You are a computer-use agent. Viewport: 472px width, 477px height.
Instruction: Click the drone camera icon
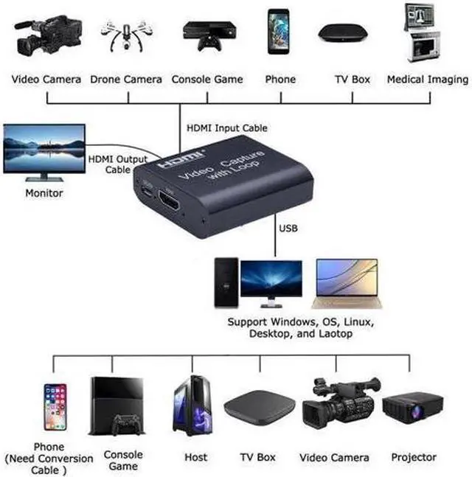point(126,34)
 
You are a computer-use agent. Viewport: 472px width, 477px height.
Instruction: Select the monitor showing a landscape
point(44,153)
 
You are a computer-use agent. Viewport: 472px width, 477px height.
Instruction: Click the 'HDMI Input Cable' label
point(226,128)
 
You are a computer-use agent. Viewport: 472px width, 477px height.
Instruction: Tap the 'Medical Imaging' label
point(428,79)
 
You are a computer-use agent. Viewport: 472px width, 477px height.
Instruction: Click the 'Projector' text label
point(414,457)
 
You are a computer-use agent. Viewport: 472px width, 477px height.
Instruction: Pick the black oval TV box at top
point(343,34)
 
